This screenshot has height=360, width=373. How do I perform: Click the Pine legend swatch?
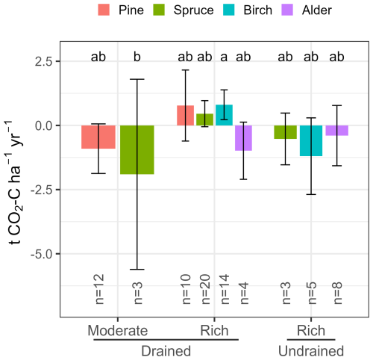104,10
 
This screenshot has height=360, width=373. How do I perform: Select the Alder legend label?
317,10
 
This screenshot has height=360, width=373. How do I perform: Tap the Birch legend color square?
229,10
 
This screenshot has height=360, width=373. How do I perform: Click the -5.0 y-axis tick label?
42,254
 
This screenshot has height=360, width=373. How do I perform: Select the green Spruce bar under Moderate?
137,149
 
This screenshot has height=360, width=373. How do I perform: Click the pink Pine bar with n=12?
98,137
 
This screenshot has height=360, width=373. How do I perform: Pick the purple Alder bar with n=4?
243,138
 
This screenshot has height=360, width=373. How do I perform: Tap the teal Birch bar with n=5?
311,140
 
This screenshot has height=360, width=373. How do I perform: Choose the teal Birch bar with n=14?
224,115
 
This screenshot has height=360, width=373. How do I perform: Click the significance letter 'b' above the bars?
137,57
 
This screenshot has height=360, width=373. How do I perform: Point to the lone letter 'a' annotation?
224,58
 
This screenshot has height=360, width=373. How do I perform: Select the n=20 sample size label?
205,289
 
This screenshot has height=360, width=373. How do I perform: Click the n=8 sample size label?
337,293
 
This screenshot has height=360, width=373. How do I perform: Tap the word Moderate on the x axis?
118,331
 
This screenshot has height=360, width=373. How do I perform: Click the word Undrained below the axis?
311,351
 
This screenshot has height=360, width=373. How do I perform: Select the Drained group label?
166,351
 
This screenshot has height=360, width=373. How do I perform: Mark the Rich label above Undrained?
311,331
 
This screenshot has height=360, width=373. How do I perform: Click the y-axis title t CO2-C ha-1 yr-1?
14,182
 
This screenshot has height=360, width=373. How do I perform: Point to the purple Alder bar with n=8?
337,130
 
